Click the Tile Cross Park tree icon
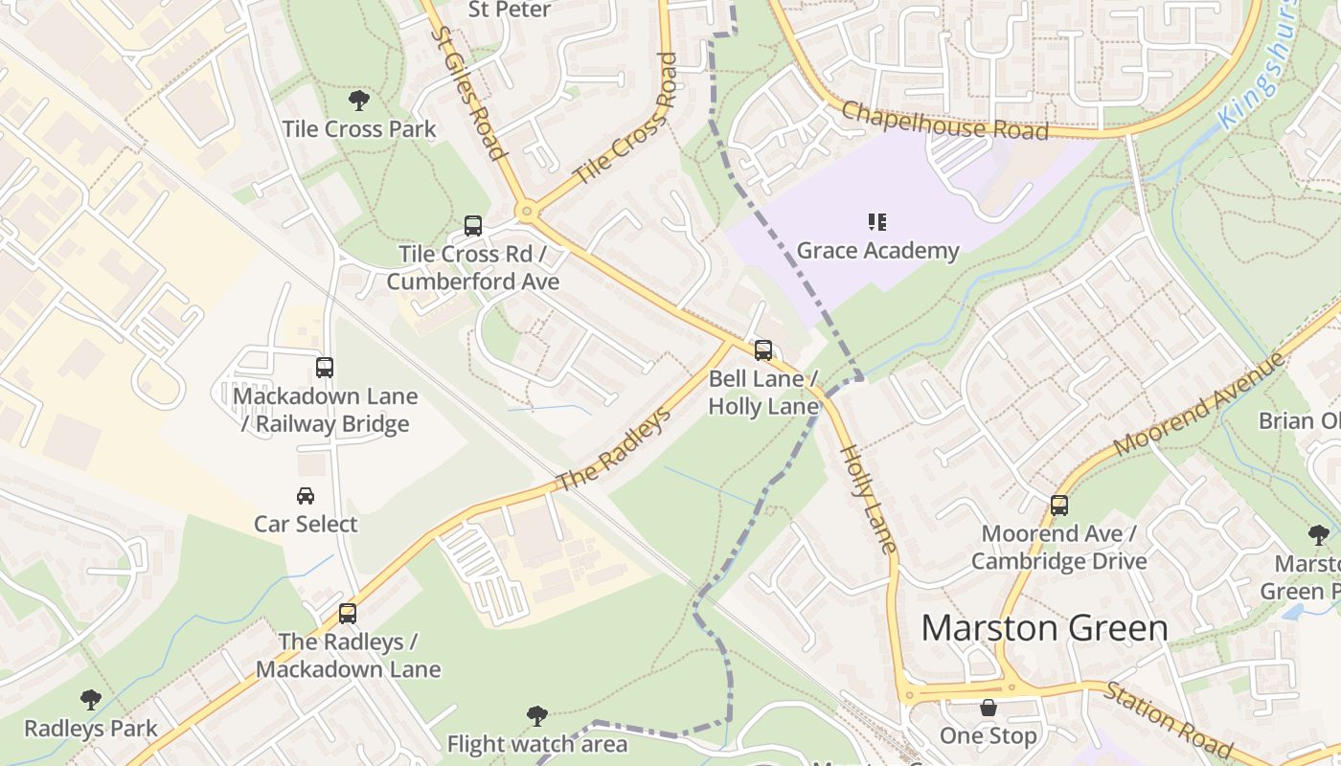[x=359, y=100]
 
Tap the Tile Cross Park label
[x=359, y=129]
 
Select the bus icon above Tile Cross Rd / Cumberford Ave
[x=473, y=226]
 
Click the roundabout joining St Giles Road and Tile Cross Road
[x=525, y=211]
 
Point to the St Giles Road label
[x=467, y=93]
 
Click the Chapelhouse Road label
[x=944, y=121]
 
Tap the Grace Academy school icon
[x=876, y=222]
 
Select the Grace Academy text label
[x=877, y=251]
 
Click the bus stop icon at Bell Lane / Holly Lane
[x=763, y=350]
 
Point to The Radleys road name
[x=613, y=450]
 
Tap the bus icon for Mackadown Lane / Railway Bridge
[x=325, y=368]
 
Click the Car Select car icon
[x=306, y=496]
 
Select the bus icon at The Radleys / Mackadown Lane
[x=348, y=614]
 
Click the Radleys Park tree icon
[x=91, y=700]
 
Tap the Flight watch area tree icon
[x=537, y=715]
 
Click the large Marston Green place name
[x=1044, y=629]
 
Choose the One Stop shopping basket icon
[x=989, y=708]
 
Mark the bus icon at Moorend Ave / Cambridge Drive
[x=1059, y=506]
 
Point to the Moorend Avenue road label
[x=1199, y=405]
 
